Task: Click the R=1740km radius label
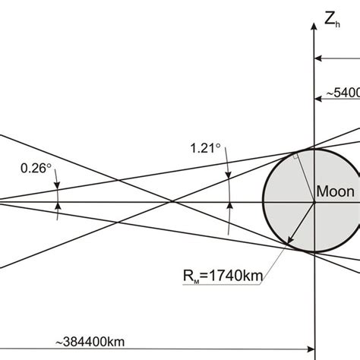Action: pos(226,276)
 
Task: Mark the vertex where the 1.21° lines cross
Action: pos(174,202)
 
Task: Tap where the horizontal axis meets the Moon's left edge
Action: pos(264,202)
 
